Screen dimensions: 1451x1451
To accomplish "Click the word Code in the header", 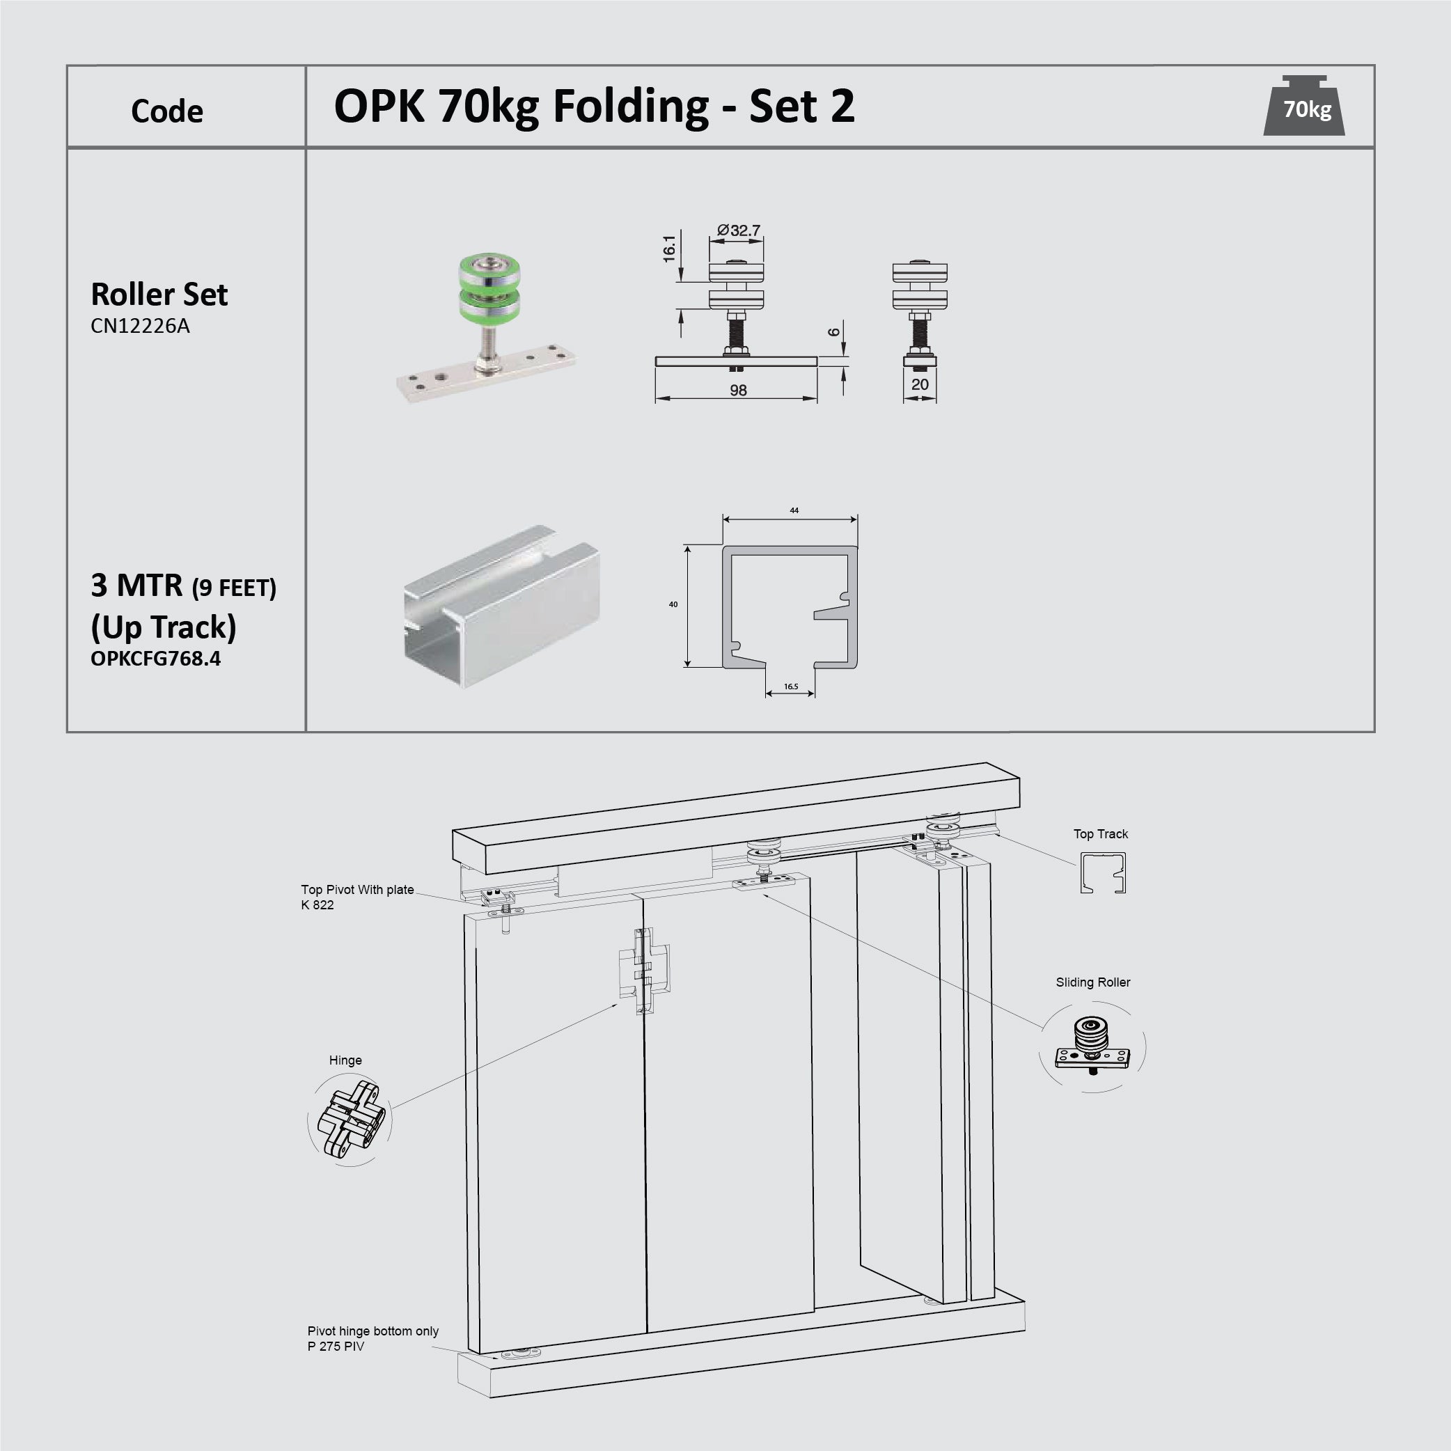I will pos(166,111).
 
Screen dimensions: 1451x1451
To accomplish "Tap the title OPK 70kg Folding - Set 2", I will pos(593,106).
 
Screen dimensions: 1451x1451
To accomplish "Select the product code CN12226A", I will pos(140,326).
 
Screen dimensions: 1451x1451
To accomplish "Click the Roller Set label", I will pos(159,294).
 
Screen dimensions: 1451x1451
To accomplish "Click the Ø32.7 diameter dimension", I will pos(738,230).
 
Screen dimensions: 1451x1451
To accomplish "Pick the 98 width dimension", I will pos(737,390).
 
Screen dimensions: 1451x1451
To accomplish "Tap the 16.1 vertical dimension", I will pos(669,249).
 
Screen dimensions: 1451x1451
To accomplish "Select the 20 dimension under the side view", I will pos(919,384).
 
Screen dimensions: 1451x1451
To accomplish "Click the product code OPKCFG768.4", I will pos(155,659).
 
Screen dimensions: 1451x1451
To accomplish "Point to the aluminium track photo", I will pos(501,605).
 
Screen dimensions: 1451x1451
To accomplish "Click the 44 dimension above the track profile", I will pos(794,510).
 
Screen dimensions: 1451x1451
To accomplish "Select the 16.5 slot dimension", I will pos(790,687).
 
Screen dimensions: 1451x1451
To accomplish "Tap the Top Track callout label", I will pos(1100,833).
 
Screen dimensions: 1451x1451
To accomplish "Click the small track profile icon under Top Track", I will pos(1102,872).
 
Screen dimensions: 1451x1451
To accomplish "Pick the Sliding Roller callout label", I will pos(1092,982).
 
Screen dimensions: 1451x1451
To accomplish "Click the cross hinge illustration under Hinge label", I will pos(351,1119).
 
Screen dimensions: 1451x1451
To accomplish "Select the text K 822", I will pos(317,905).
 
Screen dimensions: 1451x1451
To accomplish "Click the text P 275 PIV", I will pos(336,1347).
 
